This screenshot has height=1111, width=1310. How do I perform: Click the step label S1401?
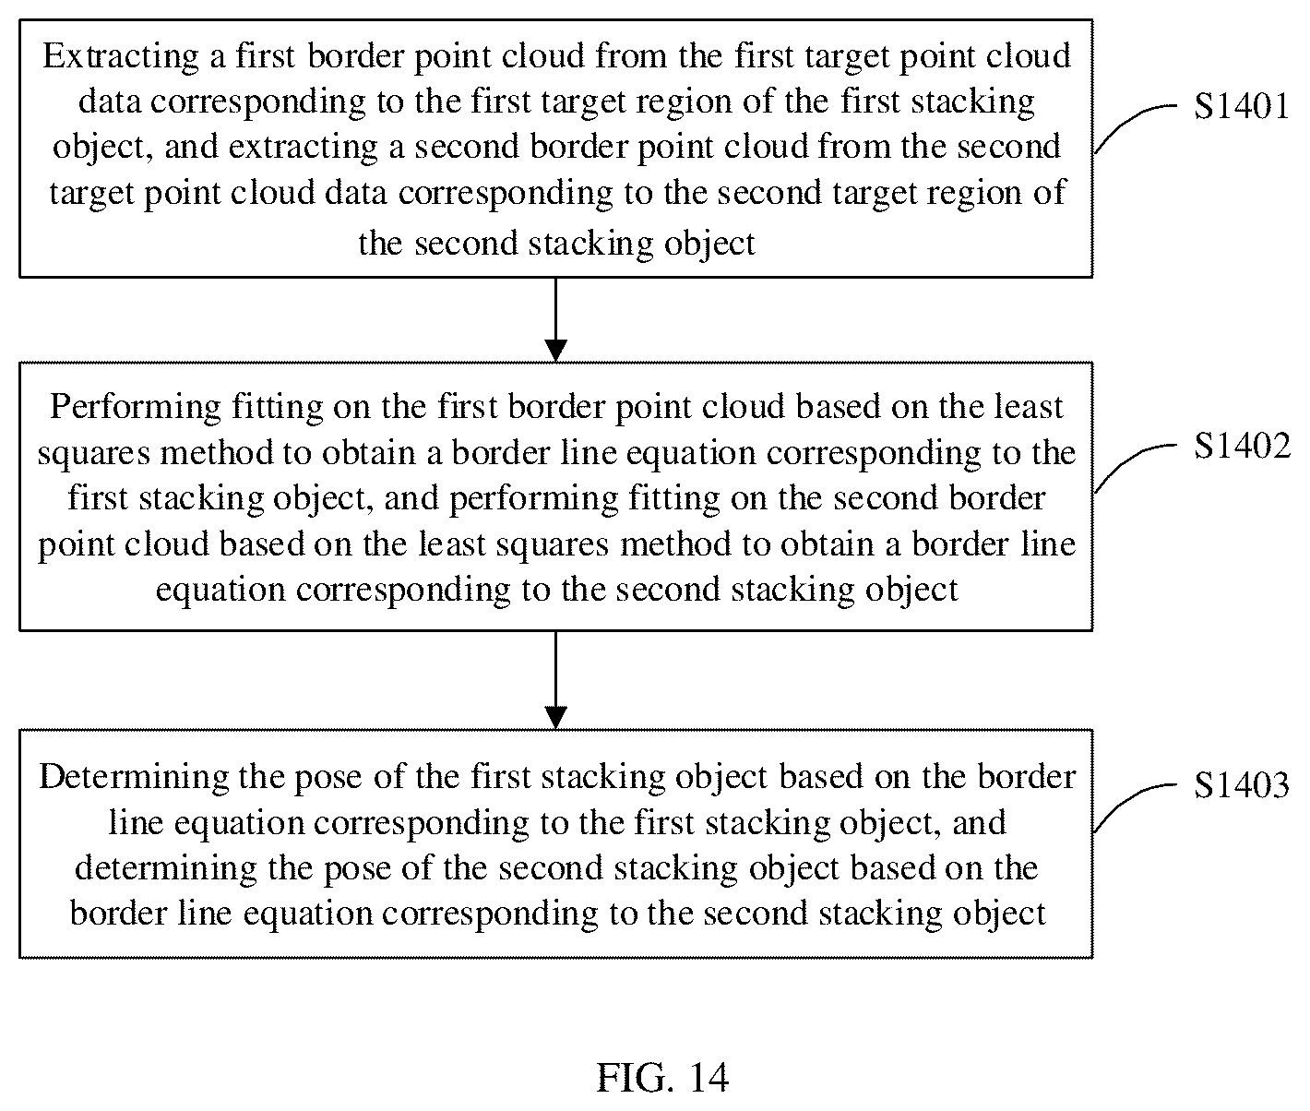(1241, 106)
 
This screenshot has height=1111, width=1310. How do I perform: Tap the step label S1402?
(1242, 446)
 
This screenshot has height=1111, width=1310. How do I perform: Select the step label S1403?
(1241, 785)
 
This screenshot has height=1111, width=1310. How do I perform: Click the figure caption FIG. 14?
(662, 1077)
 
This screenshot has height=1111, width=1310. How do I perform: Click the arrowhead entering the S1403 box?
(555, 717)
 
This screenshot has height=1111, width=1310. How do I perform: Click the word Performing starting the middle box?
(135, 408)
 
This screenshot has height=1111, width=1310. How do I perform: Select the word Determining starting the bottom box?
(134, 778)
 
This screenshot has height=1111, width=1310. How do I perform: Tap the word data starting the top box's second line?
(109, 102)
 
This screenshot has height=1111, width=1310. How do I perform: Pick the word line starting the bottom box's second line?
(136, 823)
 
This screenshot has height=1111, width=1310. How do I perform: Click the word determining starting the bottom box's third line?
(166, 869)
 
